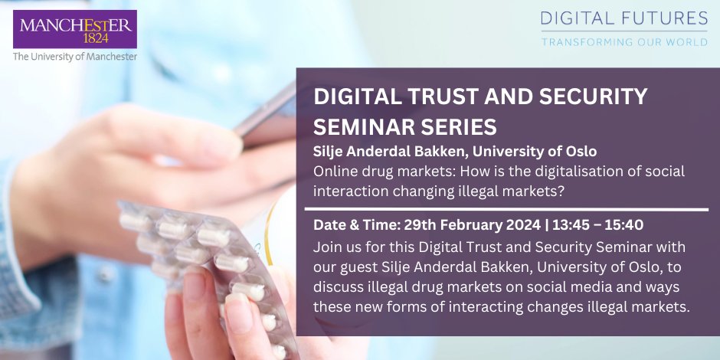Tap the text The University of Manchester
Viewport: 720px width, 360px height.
pyautogui.click(x=75, y=57)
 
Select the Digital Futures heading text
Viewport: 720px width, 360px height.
pyautogui.click(x=623, y=18)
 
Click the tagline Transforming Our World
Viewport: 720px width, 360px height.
pyautogui.click(x=623, y=41)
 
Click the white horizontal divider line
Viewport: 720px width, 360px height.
pyautogui.click(x=506, y=209)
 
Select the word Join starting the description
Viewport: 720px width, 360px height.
pyautogui.click(x=327, y=247)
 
